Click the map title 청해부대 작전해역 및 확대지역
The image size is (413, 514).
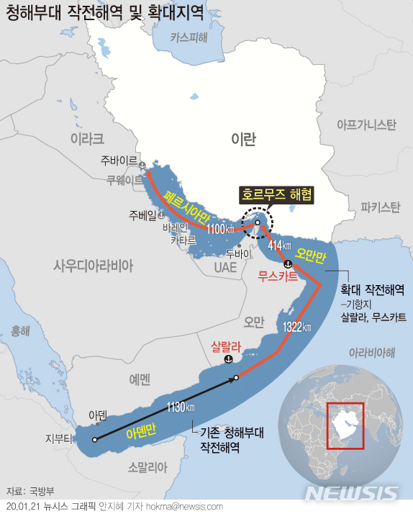pyautogui.click(x=104, y=14)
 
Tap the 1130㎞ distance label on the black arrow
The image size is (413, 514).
pyautogui.click(x=181, y=407)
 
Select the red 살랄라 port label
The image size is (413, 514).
pyautogui.click(x=224, y=346)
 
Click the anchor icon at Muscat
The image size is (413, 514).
pyautogui.click(x=287, y=263)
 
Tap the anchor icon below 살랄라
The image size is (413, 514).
pyautogui.click(x=229, y=359)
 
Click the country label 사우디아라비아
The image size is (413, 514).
pyautogui.click(x=94, y=266)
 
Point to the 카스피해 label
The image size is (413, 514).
pyautogui.click(x=189, y=39)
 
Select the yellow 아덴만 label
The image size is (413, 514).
pyautogui.click(x=140, y=433)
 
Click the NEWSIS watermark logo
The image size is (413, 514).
pyautogui.click(x=351, y=493)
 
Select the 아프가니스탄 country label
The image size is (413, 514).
pyautogui.click(x=366, y=125)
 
